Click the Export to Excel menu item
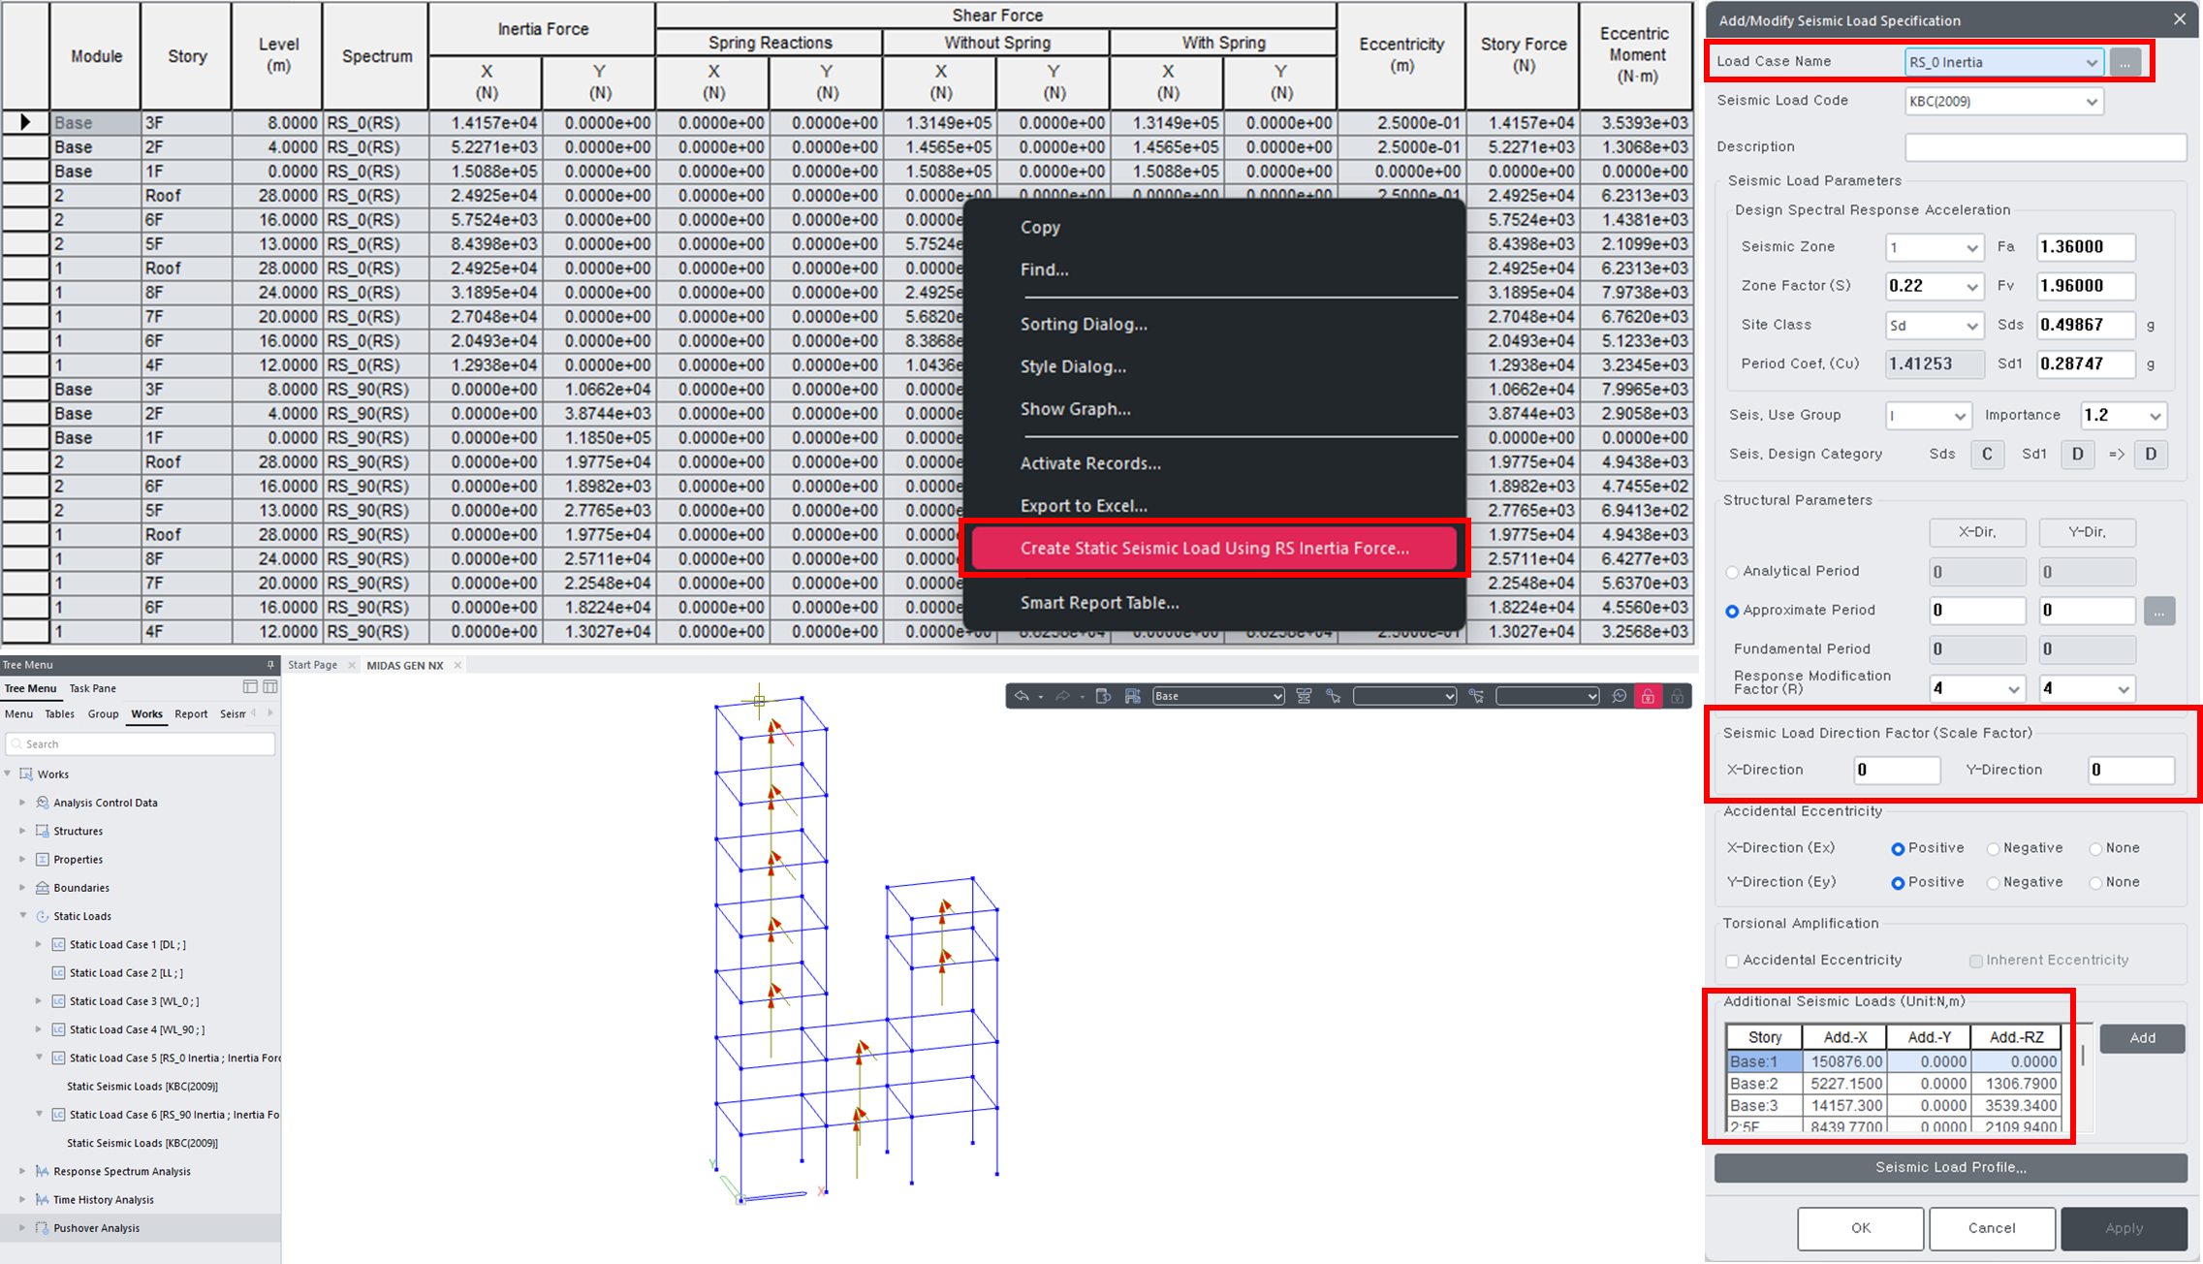tap(1083, 506)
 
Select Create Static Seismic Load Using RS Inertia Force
tap(1213, 549)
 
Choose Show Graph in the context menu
tap(1075, 409)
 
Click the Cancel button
tap(1991, 1228)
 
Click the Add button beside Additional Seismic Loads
tap(2142, 1038)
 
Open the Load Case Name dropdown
tap(2091, 63)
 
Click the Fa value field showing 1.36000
tap(2085, 247)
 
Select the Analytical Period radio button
tap(1733, 572)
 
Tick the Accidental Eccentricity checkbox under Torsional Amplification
tap(1733, 961)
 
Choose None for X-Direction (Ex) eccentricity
tap(2096, 849)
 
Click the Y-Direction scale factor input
tap(2129, 771)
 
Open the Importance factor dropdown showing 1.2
tap(2123, 416)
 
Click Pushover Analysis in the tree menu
tap(96, 1228)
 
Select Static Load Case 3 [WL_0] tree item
tap(134, 1001)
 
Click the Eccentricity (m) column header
tap(1400, 55)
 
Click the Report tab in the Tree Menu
tap(191, 714)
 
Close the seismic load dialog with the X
tap(2180, 19)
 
